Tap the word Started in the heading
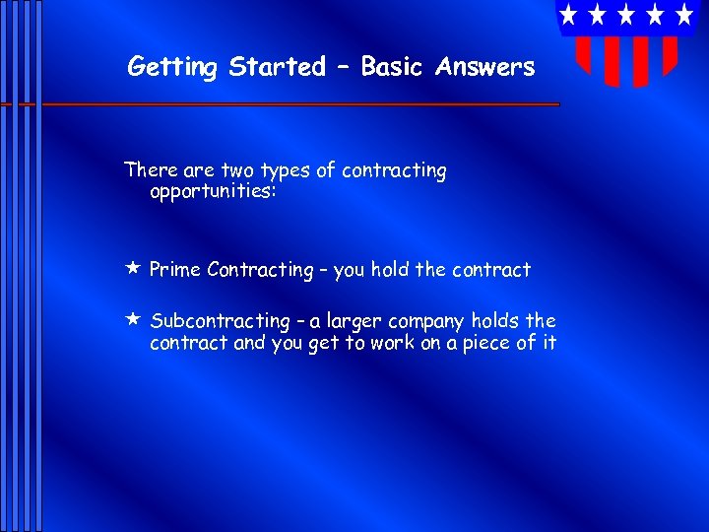point(277,68)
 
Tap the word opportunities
point(213,190)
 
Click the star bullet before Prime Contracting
point(132,268)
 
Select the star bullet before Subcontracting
point(132,319)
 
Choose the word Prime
point(175,270)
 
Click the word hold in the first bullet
point(389,270)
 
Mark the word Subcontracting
point(220,322)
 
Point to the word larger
point(354,322)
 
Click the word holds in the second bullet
point(496,321)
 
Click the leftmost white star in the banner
point(568,15)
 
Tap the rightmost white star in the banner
point(684,15)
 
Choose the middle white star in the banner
point(626,15)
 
